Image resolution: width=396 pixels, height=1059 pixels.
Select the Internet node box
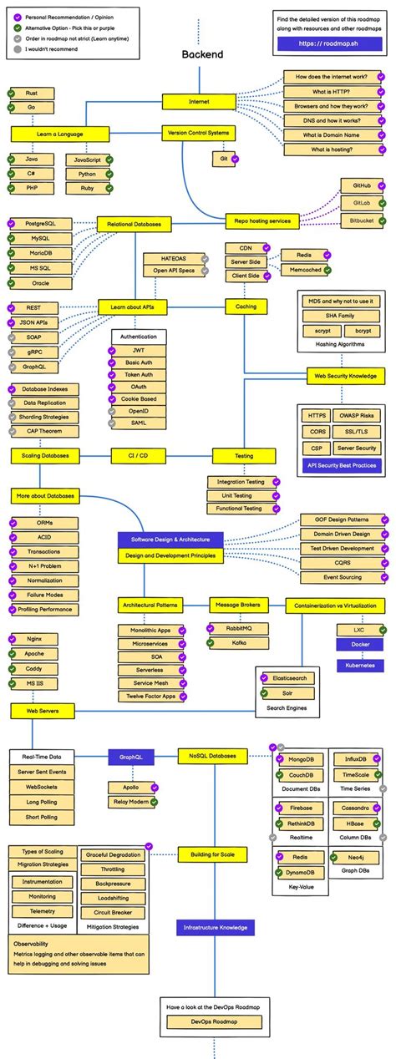pyautogui.click(x=200, y=101)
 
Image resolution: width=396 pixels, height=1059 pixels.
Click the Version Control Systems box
pyautogui.click(x=199, y=133)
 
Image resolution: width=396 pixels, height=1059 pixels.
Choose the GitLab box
pyautogui.click(x=361, y=203)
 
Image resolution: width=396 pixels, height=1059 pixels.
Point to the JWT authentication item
pyautogui.click(x=139, y=351)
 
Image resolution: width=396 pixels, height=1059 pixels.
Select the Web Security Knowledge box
pyautogui.click(x=345, y=376)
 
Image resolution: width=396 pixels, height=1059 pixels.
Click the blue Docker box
pyautogui.click(x=360, y=645)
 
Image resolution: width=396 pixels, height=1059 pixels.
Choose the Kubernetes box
pyautogui.click(x=360, y=665)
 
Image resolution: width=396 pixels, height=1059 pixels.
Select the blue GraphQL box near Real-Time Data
pyautogui.click(x=131, y=758)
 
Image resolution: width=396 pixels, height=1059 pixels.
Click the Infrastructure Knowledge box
pyautogui.click(x=215, y=927)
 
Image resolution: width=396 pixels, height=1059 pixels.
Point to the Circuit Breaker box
pyautogui.click(x=114, y=912)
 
